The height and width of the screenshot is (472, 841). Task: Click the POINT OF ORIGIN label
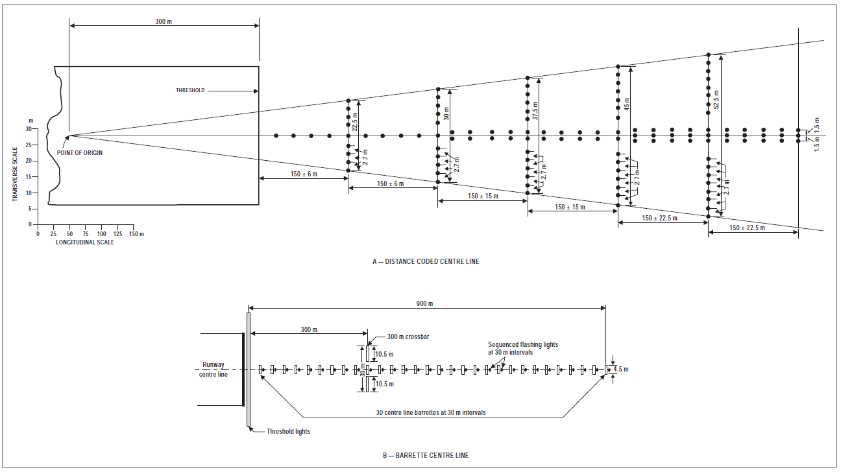[x=80, y=153]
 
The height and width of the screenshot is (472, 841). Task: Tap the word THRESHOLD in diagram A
[x=190, y=90]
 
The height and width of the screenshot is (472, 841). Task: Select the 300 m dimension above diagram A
[x=164, y=21]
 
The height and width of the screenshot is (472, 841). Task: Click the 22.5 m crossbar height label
[x=355, y=124]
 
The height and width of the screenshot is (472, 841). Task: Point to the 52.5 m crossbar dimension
[x=716, y=97]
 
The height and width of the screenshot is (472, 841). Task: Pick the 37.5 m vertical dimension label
[x=535, y=110]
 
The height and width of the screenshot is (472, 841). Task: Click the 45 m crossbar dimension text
[x=626, y=103]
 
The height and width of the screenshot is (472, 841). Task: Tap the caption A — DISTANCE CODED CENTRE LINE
[x=426, y=261]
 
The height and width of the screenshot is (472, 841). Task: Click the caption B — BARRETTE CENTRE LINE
[x=426, y=455]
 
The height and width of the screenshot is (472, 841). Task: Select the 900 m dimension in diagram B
[x=425, y=303]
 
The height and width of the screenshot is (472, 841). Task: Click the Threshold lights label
[x=288, y=432]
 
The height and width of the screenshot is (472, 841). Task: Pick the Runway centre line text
[x=213, y=370]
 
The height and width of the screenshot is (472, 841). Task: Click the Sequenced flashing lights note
[x=523, y=348]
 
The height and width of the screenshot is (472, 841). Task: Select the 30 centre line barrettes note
[x=431, y=412]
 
